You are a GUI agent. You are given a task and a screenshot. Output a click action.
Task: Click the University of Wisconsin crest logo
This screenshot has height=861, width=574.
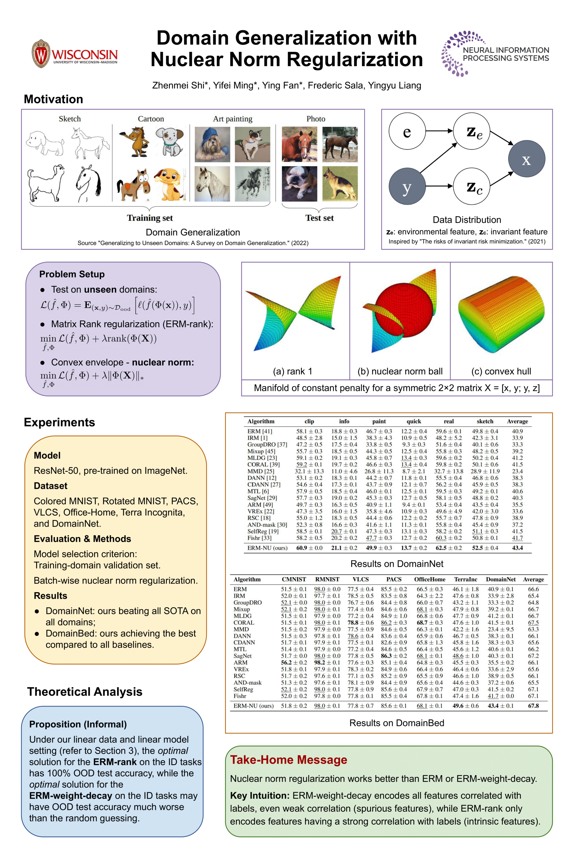click(x=41, y=54)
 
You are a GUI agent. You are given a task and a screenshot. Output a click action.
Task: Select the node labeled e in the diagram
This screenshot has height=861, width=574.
click(x=407, y=131)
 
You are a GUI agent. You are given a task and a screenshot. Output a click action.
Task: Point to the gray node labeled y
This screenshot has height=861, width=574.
click(x=407, y=186)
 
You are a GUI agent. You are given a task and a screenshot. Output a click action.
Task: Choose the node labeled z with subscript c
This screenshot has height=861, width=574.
click(x=471, y=186)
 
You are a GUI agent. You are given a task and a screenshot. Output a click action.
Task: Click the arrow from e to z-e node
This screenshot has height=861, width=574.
click(x=439, y=131)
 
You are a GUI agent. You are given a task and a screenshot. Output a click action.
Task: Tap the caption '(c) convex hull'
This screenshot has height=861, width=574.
click(x=501, y=371)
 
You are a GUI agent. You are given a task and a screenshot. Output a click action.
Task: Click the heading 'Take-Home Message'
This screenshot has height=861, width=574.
click(x=288, y=760)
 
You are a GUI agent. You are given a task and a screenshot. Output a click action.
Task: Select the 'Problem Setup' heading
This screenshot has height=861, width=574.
click(x=72, y=274)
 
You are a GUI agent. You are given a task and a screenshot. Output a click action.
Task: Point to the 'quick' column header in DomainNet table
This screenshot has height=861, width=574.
click(x=414, y=421)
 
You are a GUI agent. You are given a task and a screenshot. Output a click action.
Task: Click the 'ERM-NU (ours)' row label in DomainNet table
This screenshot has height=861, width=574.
click(x=267, y=548)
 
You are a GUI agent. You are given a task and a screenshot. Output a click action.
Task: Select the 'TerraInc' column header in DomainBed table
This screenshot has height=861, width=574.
click(x=466, y=579)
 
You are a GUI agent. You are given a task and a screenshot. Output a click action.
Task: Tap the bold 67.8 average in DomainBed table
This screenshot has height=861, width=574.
click(x=533, y=706)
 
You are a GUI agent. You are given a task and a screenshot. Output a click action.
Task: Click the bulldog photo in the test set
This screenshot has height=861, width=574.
click(x=300, y=184)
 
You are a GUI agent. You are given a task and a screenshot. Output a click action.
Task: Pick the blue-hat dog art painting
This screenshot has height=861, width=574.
click(x=212, y=144)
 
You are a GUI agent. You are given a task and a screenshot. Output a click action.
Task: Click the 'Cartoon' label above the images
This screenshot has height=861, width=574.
click(x=151, y=119)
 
